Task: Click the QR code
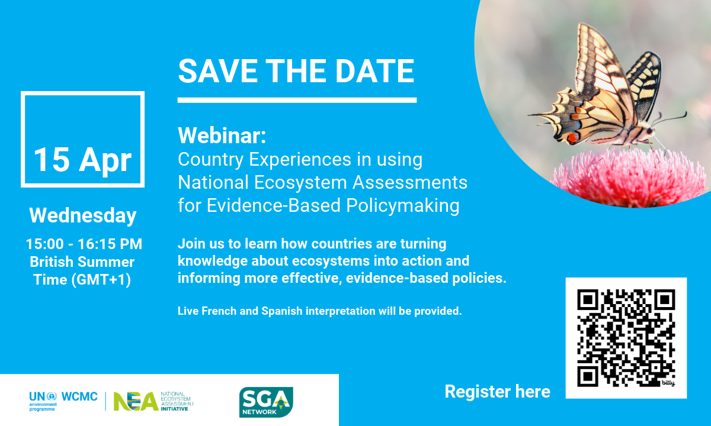pos(626,338)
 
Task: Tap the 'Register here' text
pos(497,392)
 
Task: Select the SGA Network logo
pos(266,402)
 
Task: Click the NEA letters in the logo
pos(136,401)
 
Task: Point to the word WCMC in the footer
pos(79,396)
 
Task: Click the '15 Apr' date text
pos(82,160)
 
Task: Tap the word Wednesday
pos(83,215)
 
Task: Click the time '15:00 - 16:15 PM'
pos(84,244)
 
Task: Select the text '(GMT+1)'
pos(101,280)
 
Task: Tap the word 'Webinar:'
pos(222,135)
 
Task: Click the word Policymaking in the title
pos(403,206)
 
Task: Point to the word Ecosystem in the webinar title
pos(300,183)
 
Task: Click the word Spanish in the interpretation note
pos(282,311)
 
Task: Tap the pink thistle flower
pos(630,177)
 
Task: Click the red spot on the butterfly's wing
pos(572,137)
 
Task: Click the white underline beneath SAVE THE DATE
pos(297,100)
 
